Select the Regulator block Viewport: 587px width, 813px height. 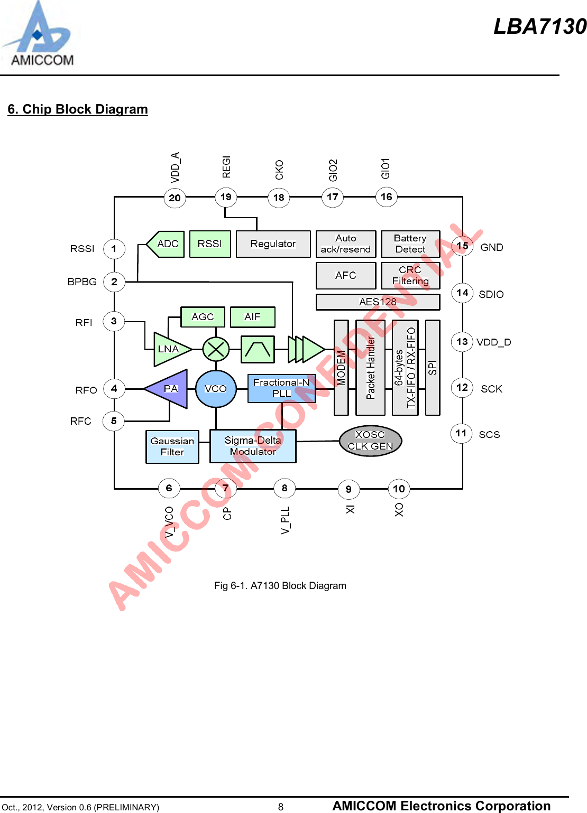[x=273, y=244]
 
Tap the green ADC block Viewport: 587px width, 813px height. [x=167, y=244]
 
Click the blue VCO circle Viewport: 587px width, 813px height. [x=216, y=389]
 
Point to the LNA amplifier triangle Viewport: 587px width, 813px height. [x=169, y=349]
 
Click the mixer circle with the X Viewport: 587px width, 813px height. [x=216, y=349]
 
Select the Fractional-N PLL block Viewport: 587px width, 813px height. [x=281, y=388]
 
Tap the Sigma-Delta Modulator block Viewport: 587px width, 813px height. [x=253, y=446]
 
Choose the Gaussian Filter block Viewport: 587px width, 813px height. [x=172, y=446]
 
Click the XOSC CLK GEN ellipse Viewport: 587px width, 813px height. [x=370, y=441]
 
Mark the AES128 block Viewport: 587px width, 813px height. [x=378, y=302]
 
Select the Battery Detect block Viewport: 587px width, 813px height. [x=410, y=244]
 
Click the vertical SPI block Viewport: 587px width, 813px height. [x=433, y=368]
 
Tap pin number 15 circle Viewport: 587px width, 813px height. [x=462, y=246]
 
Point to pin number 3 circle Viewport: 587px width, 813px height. [x=114, y=321]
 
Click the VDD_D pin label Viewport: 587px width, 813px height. [x=493, y=342]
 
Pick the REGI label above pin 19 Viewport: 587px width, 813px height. [x=226, y=167]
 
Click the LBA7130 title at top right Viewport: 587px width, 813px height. [x=540, y=26]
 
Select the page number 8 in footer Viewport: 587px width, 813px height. [x=281, y=807]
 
